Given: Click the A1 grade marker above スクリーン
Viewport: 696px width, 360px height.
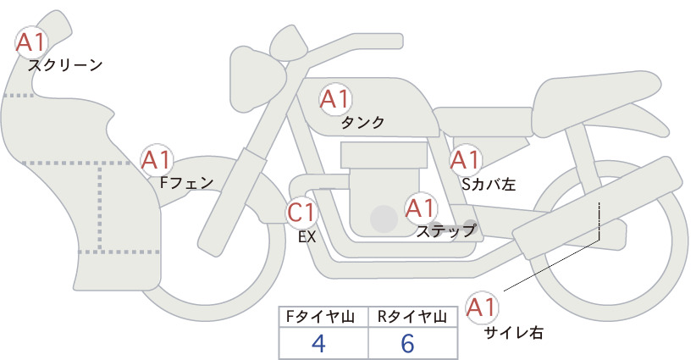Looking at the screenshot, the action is tap(31, 42).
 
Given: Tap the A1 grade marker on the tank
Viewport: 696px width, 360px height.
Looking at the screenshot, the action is tap(335, 99).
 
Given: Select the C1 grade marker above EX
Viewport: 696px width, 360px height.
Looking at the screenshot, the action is tap(301, 212).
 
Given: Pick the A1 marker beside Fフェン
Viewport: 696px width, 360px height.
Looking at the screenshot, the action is tap(157, 160).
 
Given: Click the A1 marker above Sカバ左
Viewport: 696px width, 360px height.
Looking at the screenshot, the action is tap(465, 160).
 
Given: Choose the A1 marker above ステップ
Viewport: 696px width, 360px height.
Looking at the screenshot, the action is tap(421, 208).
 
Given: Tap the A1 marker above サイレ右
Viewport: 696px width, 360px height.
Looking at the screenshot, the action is tap(482, 307).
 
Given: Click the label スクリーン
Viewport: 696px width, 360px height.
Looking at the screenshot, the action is tap(65, 66).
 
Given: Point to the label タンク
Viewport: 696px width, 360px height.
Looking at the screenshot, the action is tap(362, 123).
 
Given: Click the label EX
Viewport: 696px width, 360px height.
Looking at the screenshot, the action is tap(307, 237).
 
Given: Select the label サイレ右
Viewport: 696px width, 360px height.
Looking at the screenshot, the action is tap(513, 333).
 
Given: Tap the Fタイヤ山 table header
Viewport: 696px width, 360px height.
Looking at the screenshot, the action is tap(320, 317).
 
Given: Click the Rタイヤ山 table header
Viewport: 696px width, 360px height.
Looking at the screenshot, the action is tap(412, 317).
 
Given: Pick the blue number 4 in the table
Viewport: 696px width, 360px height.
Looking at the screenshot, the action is tap(318, 343).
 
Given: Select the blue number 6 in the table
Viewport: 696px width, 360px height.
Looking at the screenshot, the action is tap(407, 343).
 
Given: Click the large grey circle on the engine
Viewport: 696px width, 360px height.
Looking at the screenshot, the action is tap(384, 219).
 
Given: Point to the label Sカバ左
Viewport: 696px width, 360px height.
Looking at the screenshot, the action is tap(489, 184).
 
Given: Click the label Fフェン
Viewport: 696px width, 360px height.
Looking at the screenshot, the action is tap(186, 182).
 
